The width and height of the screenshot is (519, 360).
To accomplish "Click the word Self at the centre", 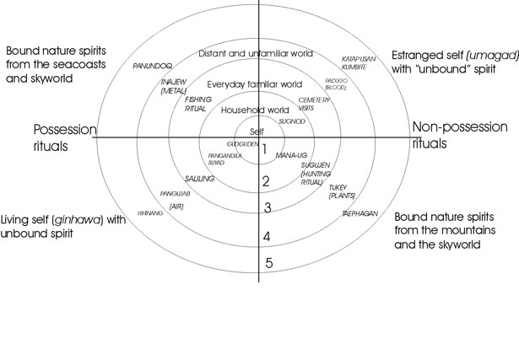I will pyautogui.click(x=257, y=132).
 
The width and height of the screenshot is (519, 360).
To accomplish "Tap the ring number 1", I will pyautogui.click(x=264, y=150).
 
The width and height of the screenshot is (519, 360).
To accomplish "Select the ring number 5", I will pyautogui.click(x=268, y=263).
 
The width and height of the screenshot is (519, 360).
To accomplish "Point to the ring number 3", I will pyautogui.click(x=266, y=208).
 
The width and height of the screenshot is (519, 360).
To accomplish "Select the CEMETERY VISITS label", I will pyautogui.click(x=314, y=104).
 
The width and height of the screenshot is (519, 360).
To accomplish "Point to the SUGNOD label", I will pyautogui.click(x=292, y=121).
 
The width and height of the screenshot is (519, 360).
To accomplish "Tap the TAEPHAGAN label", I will pyautogui.click(x=360, y=215).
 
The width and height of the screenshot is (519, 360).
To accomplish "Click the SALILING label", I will pyautogui.click(x=200, y=179).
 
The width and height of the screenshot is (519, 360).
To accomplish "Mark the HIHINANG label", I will pyautogui.click(x=149, y=213).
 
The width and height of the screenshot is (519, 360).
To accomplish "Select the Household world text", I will pyautogui.click(x=254, y=110).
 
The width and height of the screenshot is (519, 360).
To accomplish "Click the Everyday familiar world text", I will pyautogui.click(x=254, y=84).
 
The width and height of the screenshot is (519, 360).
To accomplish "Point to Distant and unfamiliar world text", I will pyautogui.click(x=256, y=53).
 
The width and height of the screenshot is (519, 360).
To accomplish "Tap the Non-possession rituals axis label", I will pyautogui.click(x=459, y=134).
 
